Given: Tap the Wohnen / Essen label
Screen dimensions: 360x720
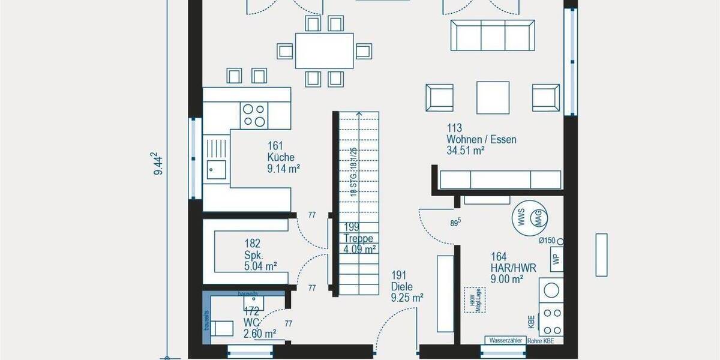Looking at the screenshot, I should pos(481,140).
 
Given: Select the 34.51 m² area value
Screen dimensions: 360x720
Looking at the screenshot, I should pos(465,151).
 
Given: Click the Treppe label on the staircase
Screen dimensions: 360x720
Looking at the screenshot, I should pos(359,238).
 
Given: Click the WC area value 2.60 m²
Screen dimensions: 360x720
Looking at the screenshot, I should pos(260,334).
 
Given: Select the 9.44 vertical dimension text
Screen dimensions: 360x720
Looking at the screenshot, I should pos(158,163).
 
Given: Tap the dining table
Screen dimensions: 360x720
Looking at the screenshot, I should pos(324,50).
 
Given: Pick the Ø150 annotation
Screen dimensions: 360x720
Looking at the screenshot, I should pos(547,241).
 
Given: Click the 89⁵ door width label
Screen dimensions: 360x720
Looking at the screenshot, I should pos(455,222).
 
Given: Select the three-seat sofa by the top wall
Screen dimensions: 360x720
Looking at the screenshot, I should pos(493,35).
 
